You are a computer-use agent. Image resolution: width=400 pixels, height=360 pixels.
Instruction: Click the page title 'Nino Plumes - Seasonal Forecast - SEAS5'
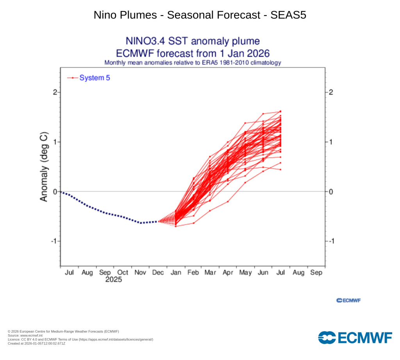[x=200, y=15]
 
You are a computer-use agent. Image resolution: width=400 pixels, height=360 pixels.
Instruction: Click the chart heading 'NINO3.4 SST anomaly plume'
[x=192, y=41]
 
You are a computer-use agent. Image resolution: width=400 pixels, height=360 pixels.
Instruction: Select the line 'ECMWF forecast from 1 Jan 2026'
[x=192, y=53]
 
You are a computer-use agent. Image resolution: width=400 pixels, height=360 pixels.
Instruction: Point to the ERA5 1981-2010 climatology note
[x=192, y=62]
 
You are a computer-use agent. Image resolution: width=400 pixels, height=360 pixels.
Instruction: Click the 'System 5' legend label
[x=95, y=78]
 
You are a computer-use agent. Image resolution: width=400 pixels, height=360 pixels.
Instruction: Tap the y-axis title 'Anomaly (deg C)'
[x=44, y=167]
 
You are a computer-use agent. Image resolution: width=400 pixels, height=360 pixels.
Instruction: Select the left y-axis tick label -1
[x=54, y=241]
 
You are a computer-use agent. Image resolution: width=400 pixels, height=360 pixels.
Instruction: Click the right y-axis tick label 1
[x=330, y=142]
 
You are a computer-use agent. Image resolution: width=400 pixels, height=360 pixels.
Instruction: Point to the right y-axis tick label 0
[x=330, y=191]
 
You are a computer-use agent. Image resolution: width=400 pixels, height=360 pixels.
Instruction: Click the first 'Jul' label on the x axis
[x=69, y=273]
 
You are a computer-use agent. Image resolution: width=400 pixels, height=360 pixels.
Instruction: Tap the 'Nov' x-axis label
[x=140, y=273]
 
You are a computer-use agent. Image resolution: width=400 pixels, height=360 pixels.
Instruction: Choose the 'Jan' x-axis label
[x=175, y=273]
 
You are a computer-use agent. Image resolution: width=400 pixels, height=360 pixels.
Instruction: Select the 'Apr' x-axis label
[x=228, y=273]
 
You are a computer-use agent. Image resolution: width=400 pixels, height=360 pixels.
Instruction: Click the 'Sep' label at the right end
[x=316, y=273]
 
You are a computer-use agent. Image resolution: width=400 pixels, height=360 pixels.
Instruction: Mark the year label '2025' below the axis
[x=114, y=280]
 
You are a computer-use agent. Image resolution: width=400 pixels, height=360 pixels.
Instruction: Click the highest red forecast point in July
[x=280, y=111]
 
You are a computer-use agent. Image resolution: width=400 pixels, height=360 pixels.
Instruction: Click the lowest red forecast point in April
[x=228, y=201]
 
